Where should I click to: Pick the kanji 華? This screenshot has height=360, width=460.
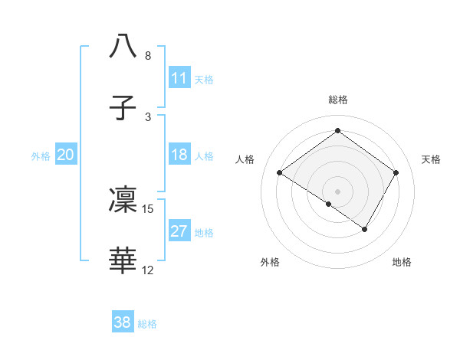(123, 261)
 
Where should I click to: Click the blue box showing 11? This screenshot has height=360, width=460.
(179, 78)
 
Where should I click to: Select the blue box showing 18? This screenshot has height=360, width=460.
(179, 155)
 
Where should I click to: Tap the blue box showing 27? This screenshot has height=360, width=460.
(179, 231)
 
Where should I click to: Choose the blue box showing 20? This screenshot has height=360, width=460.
(66, 155)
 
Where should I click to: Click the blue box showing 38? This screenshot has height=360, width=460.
(123, 322)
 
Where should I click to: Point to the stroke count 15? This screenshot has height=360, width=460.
(149, 208)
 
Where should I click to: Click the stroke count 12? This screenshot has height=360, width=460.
(148, 270)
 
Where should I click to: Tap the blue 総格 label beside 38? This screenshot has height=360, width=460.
(147, 324)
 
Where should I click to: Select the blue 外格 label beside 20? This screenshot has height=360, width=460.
(41, 156)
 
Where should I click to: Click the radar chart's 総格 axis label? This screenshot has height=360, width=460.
(337, 100)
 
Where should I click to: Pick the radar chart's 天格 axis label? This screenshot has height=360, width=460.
(432, 159)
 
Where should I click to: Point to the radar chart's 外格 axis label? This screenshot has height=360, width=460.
(270, 262)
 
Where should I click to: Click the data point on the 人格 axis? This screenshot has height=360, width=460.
(280, 173)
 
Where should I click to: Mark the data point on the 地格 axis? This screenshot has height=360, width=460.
(365, 229)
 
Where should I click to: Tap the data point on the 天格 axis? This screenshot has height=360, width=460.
(396, 173)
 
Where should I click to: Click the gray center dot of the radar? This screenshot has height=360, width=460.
(337, 191)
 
